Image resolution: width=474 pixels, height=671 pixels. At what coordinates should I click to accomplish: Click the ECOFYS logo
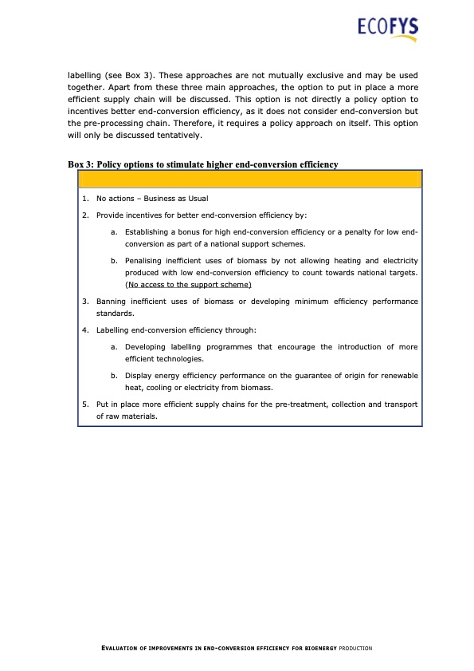[388, 29]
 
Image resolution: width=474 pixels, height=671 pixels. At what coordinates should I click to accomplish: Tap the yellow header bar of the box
[249, 180]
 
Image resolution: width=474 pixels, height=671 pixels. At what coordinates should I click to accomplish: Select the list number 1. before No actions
[85, 199]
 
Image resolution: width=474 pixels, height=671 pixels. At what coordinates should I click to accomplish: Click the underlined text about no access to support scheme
[188, 285]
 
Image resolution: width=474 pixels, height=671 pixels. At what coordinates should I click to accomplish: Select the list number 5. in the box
[85, 405]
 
